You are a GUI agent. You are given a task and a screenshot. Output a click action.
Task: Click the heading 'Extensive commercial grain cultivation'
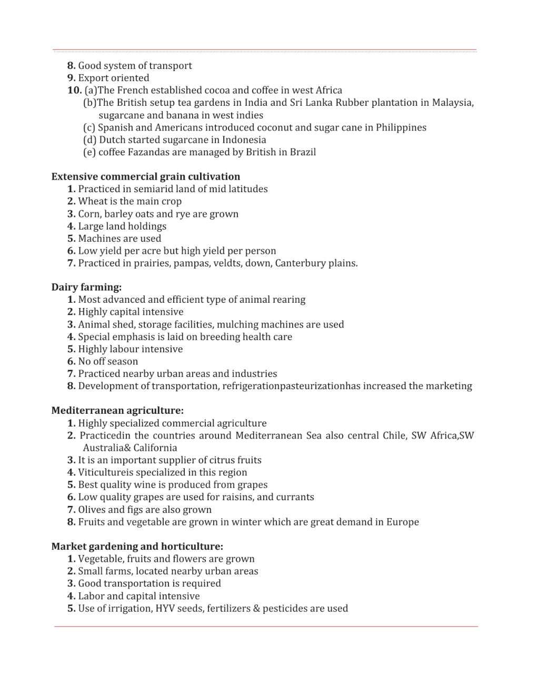coord(145,176)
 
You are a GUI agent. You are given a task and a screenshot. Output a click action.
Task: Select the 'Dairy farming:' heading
coord(86,287)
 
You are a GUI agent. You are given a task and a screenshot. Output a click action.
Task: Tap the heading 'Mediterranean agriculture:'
coord(117,410)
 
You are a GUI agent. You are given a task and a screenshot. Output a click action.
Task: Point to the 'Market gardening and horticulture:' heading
coord(137,546)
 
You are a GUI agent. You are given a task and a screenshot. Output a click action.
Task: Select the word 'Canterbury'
coord(301,263)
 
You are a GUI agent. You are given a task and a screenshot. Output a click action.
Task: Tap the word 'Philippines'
coord(401,127)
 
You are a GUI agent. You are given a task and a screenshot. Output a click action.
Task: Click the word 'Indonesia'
coord(244,140)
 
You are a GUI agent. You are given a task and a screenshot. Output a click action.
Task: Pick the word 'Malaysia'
coord(452,102)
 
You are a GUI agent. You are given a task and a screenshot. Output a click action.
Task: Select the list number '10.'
coord(74,90)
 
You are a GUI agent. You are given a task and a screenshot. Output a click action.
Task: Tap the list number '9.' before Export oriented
coord(71,78)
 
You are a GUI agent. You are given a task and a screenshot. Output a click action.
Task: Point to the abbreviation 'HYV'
coord(165,608)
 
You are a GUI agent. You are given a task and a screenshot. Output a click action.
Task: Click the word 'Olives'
coord(92,509)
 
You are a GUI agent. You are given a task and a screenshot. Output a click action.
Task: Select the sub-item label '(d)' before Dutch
coord(89,140)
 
